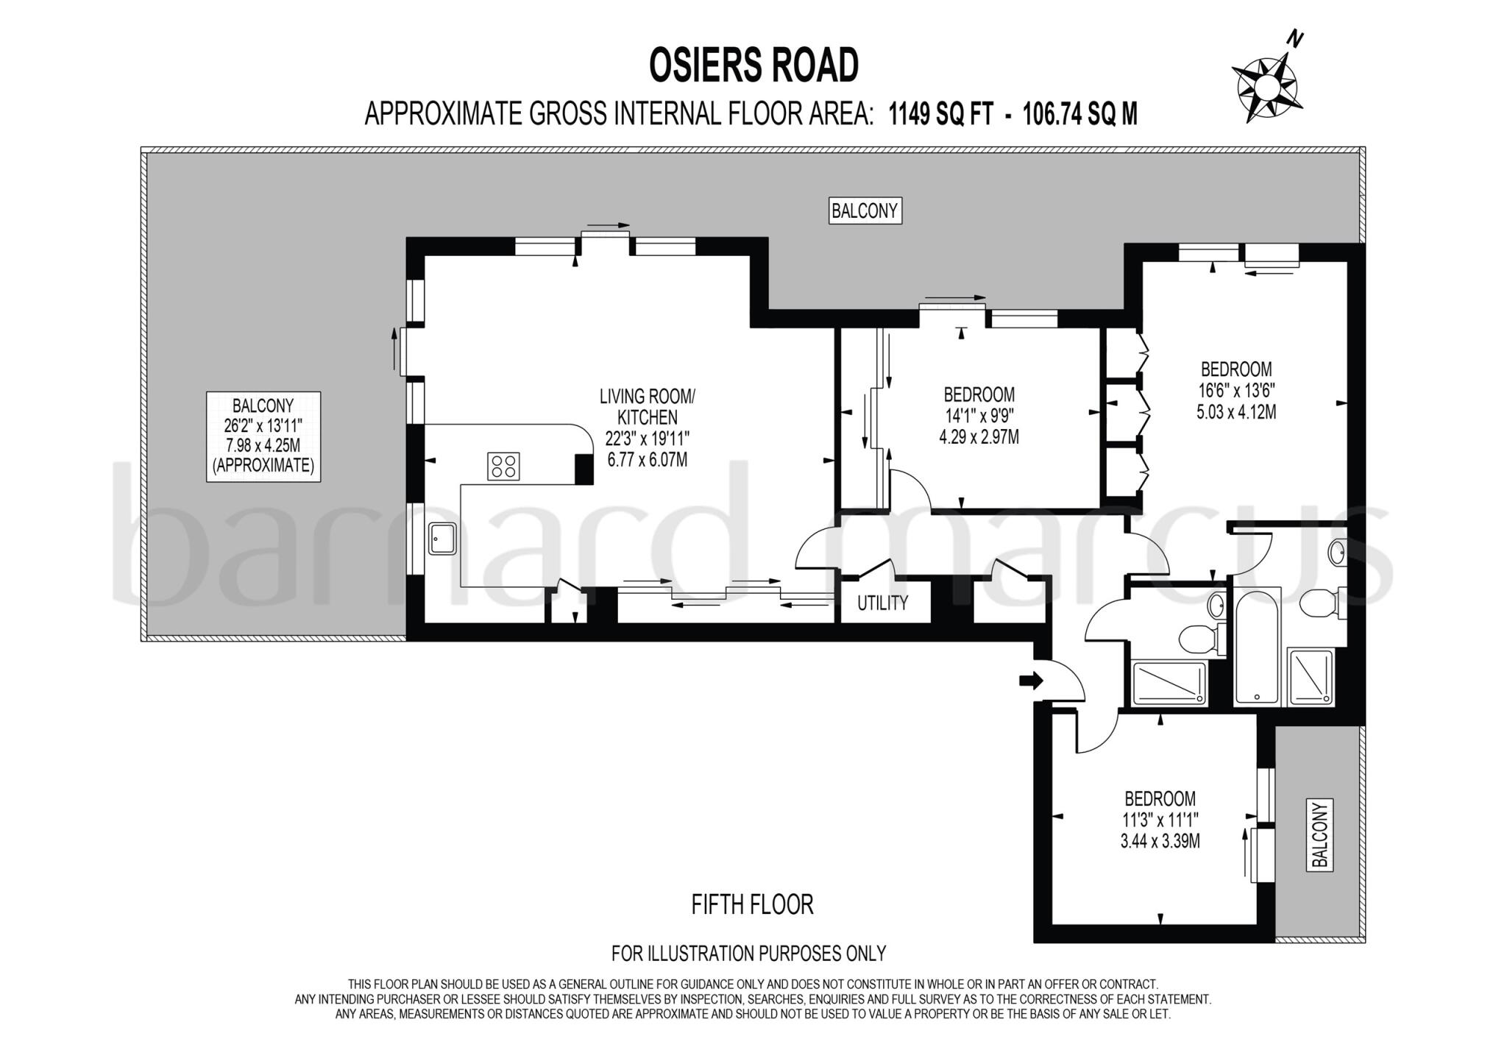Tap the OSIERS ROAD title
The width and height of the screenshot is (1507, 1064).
click(x=753, y=65)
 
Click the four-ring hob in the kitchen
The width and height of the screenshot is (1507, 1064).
click(x=503, y=467)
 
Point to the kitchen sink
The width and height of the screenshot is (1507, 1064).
click(x=443, y=539)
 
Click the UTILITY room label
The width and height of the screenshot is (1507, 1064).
click(x=882, y=603)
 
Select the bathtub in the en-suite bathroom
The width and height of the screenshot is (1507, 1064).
click(x=1258, y=646)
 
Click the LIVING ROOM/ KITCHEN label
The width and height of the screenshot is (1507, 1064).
click(x=647, y=407)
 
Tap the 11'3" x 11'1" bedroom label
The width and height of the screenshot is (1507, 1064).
click(x=1160, y=819)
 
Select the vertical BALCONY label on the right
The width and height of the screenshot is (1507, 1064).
click(x=1320, y=835)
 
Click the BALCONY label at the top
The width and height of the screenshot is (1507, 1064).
click(x=865, y=211)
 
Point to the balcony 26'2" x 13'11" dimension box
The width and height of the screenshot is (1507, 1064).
click(x=263, y=436)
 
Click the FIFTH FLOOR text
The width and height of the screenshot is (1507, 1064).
click(x=752, y=904)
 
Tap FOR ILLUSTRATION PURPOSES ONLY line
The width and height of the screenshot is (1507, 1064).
click(x=748, y=954)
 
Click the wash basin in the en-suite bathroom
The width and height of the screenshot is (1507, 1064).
click(x=1337, y=553)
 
